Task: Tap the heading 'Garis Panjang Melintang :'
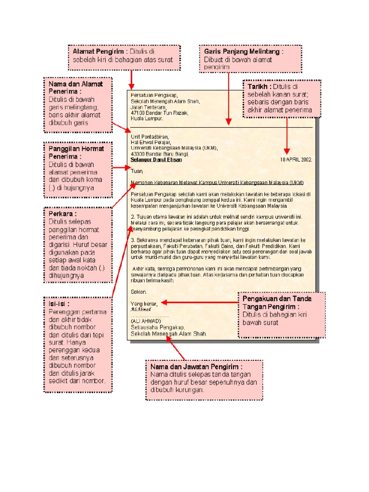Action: click(x=244, y=51)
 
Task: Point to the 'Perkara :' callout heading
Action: click(x=63, y=213)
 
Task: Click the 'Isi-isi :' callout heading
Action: click(x=59, y=304)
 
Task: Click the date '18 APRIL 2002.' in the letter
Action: click(x=296, y=159)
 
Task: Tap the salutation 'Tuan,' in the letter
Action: click(x=137, y=170)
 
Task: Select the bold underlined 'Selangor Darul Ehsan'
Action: click(x=156, y=159)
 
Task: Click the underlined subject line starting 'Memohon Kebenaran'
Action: click(x=217, y=183)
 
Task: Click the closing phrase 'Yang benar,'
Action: click(x=145, y=303)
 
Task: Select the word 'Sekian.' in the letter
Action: click(x=139, y=291)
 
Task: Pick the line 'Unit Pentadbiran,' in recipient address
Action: click(x=150, y=136)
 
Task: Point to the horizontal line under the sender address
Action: click(x=221, y=127)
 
